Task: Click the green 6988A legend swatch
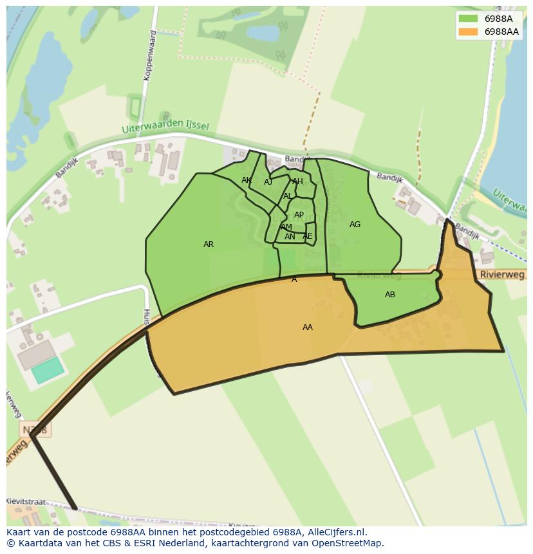coord(468,19)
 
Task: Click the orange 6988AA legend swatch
coord(468,32)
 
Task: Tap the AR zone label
coord(209,245)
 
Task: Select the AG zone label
coord(355,225)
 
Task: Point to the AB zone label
coord(390,295)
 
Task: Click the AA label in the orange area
coord(308,328)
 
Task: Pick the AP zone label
coord(299,215)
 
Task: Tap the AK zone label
coord(247,180)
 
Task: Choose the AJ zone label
coord(268,182)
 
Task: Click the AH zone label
coord(297,181)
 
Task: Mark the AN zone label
coord(290,237)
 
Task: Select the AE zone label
coord(307,236)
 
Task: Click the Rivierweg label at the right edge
coord(501,275)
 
